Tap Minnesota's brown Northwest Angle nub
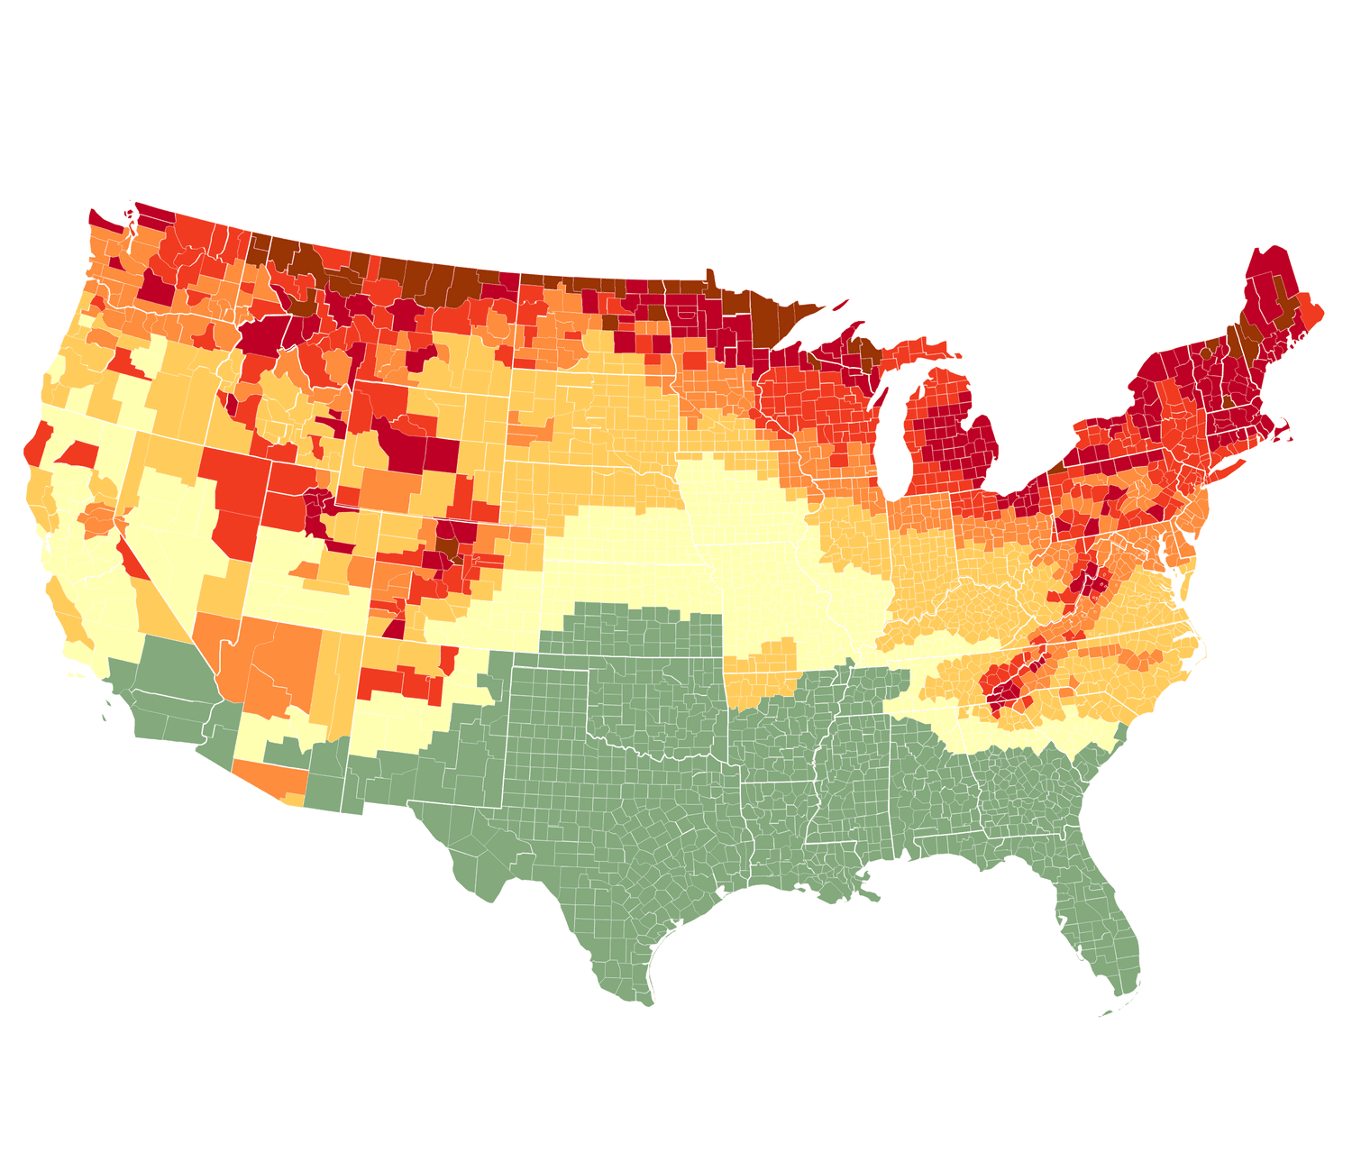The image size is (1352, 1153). coord(710,276)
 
